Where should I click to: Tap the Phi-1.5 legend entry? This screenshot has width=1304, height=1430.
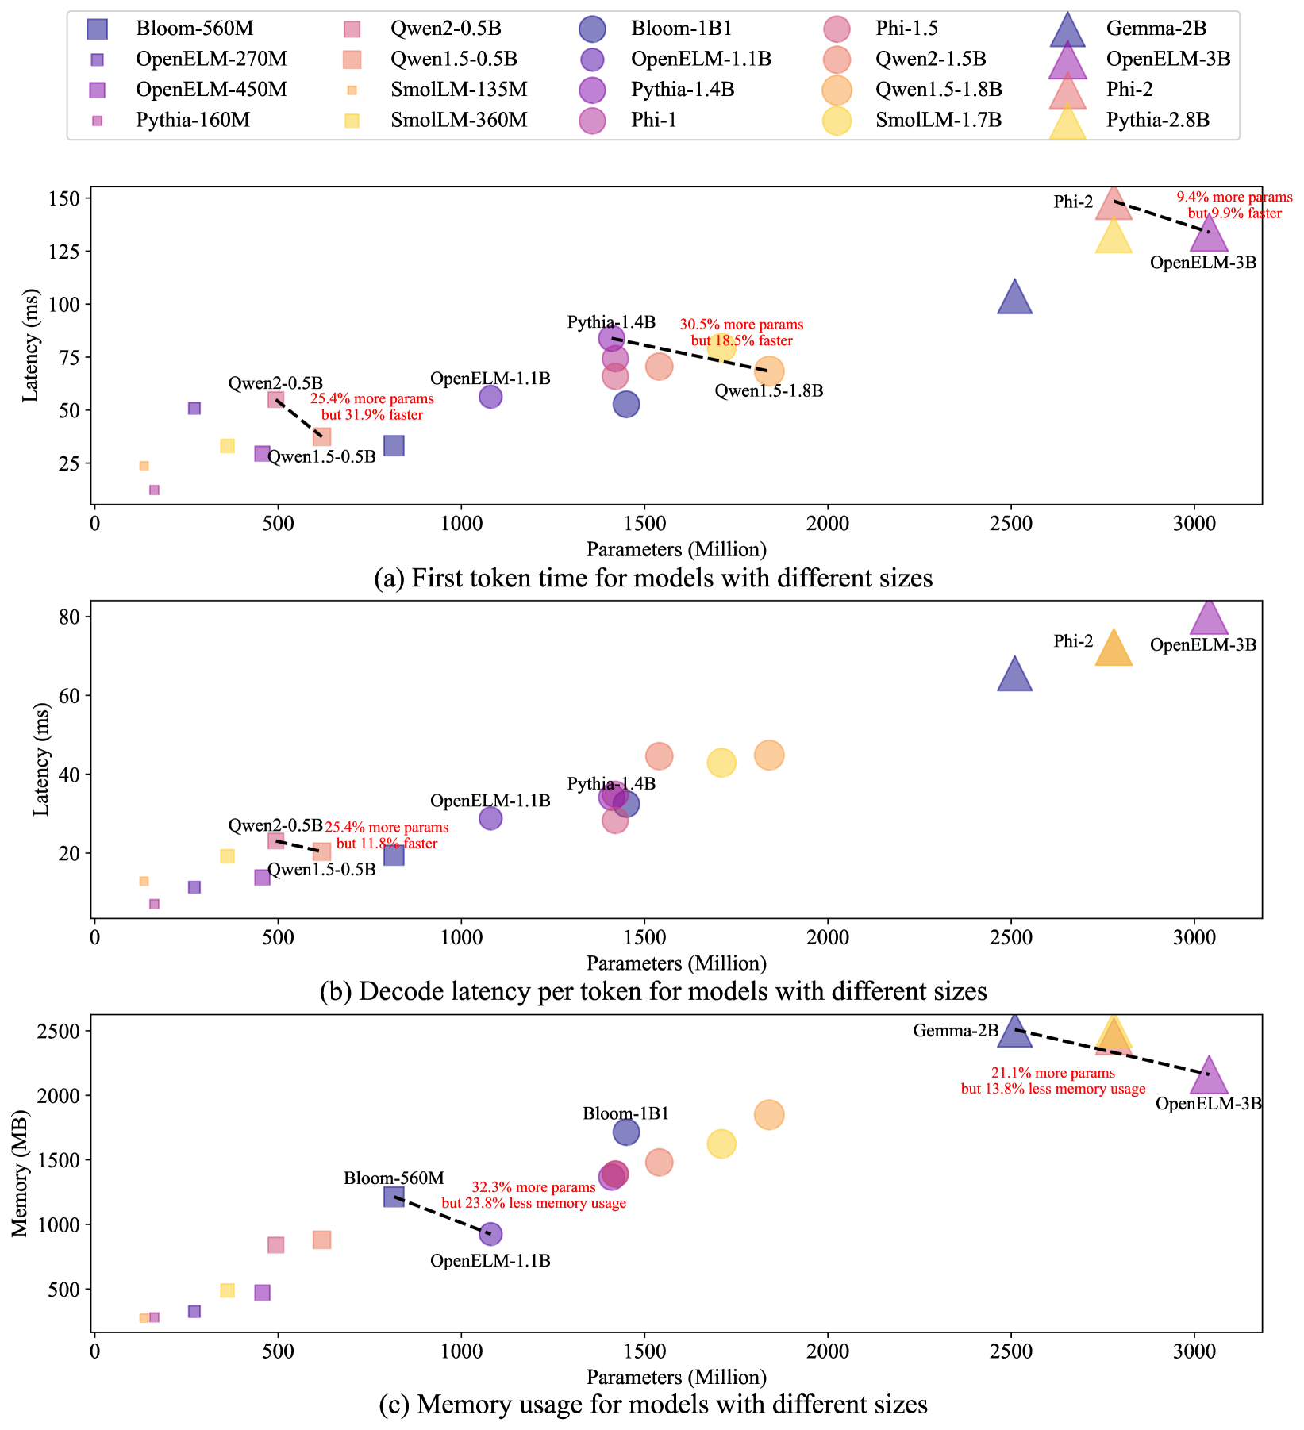[906, 29]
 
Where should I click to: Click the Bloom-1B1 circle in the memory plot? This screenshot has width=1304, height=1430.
[626, 1132]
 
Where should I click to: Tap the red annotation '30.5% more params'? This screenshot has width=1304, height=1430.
[741, 325]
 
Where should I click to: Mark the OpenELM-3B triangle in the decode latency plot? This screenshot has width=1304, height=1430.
[1208, 618]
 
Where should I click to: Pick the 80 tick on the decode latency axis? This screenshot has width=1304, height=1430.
[76, 617]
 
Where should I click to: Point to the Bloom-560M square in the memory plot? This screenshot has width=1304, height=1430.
[394, 1196]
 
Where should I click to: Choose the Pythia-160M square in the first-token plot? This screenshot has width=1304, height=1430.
[154, 490]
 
